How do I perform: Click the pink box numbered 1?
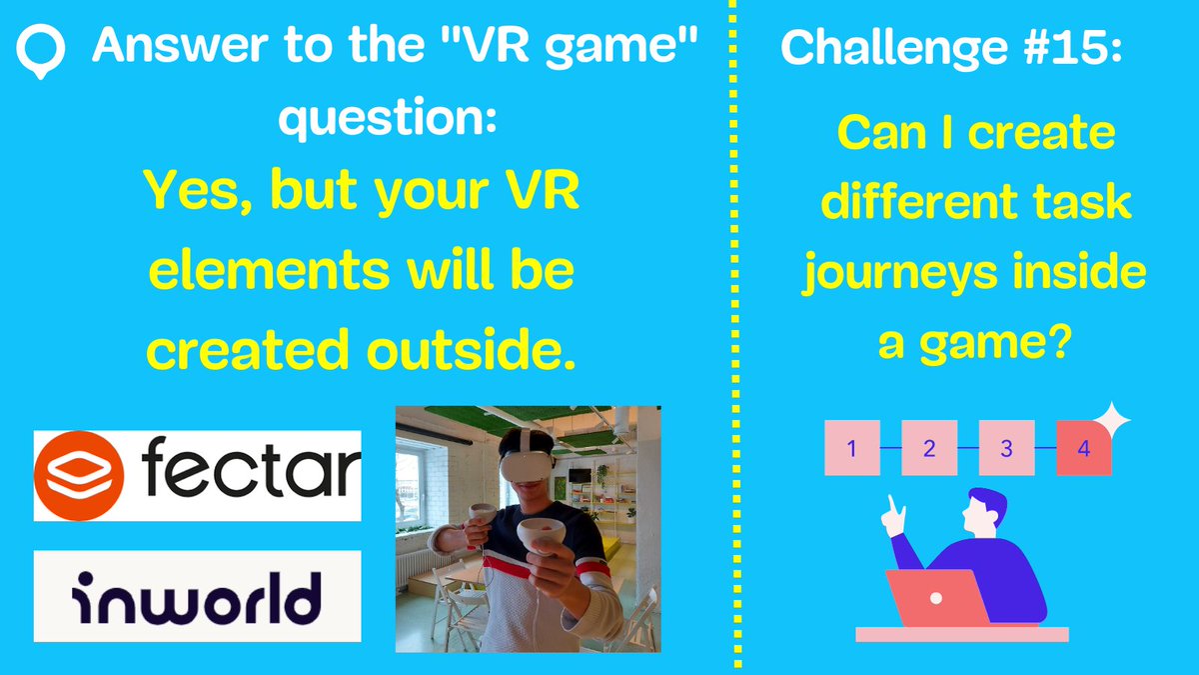[851, 448]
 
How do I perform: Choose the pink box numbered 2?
[928, 448]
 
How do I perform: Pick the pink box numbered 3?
[1006, 448]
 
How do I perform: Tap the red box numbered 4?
[1083, 448]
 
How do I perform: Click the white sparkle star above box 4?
[1112, 419]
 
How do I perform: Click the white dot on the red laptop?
[936, 598]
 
